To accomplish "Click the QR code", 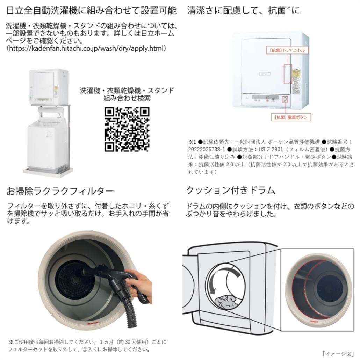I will pyautogui.click(x=127, y=129).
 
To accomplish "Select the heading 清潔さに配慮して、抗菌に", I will pyautogui.click(x=243, y=10).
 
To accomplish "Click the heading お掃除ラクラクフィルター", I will pyautogui.click(x=60, y=191).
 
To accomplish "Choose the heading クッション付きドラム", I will pyautogui.click(x=231, y=190).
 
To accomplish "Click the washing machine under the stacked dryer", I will pyautogui.click(x=47, y=143).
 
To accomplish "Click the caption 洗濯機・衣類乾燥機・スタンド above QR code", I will pyautogui.click(x=127, y=90).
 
